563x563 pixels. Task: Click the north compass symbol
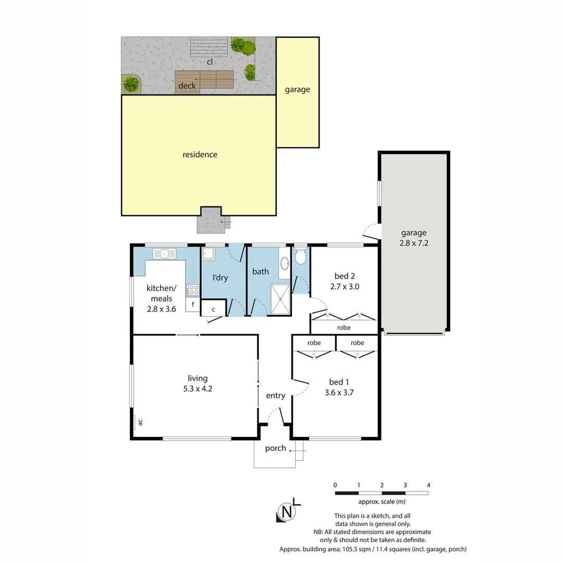click(x=286, y=511)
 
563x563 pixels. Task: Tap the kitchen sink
click(x=165, y=254)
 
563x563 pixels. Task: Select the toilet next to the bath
click(x=301, y=257)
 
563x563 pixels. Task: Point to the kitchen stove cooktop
click(x=193, y=290)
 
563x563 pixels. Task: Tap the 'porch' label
click(x=275, y=448)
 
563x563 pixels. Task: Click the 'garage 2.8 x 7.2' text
click(x=414, y=238)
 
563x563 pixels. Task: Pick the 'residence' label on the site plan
click(x=200, y=154)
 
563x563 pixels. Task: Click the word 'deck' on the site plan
click(x=187, y=85)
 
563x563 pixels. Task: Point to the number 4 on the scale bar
click(x=429, y=485)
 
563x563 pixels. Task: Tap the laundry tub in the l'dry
click(x=209, y=254)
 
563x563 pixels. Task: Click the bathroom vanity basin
click(x=285, y=264)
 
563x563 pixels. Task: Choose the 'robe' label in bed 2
click(x=344, y=327)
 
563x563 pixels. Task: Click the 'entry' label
click(x=275, y=396)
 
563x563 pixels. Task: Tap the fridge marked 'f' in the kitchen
click(x=193, y=304)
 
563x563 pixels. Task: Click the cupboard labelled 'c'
click(x=213, y=309)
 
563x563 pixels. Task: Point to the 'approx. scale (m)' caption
click(x=382, y=501)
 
